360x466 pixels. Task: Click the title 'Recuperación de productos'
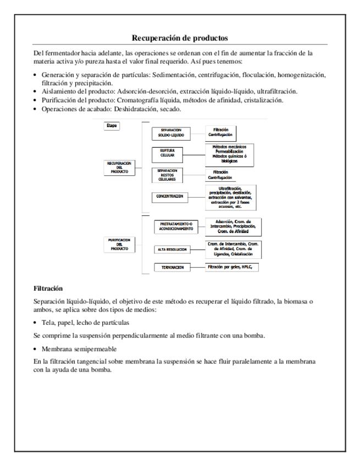[180, 38]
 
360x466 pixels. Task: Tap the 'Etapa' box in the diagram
[111, 126]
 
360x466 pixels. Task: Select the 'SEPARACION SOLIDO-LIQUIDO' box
[171, 132]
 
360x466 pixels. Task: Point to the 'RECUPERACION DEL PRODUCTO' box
[119, 168]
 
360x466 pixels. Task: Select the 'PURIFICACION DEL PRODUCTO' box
[119, 245]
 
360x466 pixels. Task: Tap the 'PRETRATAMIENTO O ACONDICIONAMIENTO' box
[176, 227]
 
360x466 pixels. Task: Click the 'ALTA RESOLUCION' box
[171, 249]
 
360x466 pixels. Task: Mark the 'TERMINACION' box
[172, 268]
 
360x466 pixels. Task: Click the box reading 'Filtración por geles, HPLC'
[233, 267]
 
